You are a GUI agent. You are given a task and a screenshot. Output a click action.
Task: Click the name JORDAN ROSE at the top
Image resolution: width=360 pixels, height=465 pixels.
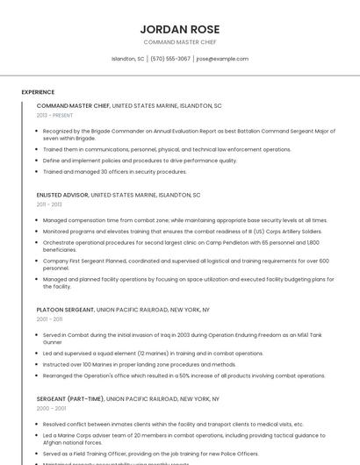click(x=180, y=29)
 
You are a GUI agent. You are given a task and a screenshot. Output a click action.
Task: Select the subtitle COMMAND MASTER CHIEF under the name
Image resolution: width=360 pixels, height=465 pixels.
click(x=180, y=42)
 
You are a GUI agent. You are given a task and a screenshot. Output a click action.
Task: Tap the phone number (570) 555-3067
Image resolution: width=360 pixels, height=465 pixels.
click(x=170, y=59)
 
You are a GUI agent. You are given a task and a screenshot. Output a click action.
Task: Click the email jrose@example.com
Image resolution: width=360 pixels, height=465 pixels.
click(x=222, y=59)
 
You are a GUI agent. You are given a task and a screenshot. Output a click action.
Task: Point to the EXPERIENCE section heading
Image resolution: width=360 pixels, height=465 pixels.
click(x=38, y=92)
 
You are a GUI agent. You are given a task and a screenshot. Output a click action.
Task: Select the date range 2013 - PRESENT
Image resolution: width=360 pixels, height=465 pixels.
click(x=54, y=115)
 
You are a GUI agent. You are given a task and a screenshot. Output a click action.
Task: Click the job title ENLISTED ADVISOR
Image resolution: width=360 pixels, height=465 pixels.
click(x=62, y=195)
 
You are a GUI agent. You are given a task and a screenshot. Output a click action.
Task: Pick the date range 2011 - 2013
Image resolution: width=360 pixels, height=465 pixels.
click(x=49, y=204)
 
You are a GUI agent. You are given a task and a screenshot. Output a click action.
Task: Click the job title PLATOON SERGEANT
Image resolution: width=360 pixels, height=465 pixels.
click(x=65, y=310)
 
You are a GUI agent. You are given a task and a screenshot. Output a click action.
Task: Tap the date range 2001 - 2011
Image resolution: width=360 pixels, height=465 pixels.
click(x=49, y=319)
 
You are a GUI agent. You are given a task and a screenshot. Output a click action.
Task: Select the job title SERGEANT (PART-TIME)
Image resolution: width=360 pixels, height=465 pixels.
click(x=70, y=398)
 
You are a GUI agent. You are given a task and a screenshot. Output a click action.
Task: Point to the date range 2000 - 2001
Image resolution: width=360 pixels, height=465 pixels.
click(x=50, y=408)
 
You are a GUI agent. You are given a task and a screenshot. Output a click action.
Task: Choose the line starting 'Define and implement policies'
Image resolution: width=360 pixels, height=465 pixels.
click(x=140, y=161)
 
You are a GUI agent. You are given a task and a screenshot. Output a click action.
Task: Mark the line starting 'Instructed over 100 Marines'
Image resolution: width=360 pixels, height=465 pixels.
click(x=126, y=363)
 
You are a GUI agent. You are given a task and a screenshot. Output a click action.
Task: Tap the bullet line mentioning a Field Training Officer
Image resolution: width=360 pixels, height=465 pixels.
click(x=150, y=454)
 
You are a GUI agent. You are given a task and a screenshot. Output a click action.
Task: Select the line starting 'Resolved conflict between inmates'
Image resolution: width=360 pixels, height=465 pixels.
click(x=173, y=424)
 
